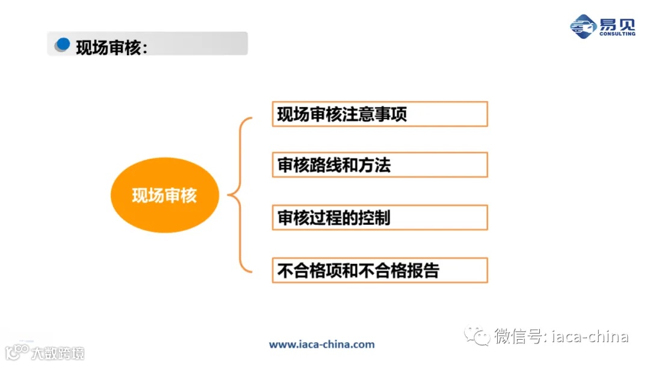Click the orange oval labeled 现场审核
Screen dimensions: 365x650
tap(164, 195)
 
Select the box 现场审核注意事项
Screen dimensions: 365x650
tap(379, 114)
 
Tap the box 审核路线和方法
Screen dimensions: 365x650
tap(379, 165)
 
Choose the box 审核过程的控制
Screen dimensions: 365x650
tap(379, 217)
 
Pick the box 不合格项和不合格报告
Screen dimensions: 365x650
tap(379, 270)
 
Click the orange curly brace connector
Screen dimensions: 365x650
tap(239, 195)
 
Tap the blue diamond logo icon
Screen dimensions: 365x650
tap(583, 26)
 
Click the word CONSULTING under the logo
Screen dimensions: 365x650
tap(617, 34)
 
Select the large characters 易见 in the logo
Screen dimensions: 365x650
tap(616, 23)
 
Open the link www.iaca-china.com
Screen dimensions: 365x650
tap(321, 345)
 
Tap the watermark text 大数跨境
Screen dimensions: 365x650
tap(58, 352)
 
